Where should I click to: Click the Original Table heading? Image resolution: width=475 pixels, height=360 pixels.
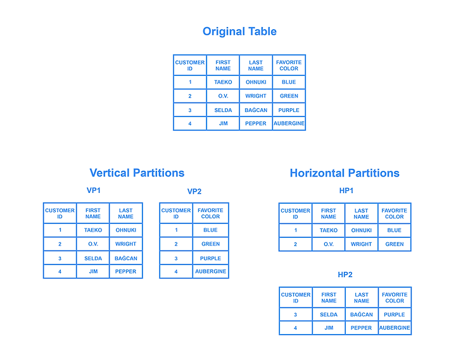click(x=239, y=32)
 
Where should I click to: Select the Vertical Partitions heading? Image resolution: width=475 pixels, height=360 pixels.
click(x=137, y=173)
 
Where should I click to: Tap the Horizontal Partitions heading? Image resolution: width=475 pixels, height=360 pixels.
click(x=345, y=173)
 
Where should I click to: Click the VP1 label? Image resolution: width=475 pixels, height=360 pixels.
click(x=93, y=190)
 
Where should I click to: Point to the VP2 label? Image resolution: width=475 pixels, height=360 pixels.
click(x=194, y=191)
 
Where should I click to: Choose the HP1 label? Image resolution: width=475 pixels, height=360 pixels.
click(x=346, y=190)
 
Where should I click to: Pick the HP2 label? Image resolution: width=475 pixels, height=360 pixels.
click(x=345, y=275)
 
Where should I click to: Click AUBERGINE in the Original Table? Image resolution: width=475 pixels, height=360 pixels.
click(x=289, y=123)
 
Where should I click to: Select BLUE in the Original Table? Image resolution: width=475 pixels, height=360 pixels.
click(x=289, y=82)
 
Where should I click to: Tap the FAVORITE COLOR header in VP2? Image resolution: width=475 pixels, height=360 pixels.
click(x=210, y=213)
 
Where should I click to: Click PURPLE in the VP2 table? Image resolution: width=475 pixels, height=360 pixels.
click(x=210, y=258)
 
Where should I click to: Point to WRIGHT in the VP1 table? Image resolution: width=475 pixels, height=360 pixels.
click(x=126, y=244)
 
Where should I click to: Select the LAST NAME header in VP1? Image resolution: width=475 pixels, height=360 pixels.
click(x=126, y=213)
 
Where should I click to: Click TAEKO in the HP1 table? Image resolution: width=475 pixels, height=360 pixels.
click(x=329, y=230)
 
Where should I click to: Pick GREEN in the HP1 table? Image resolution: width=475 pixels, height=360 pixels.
click(x=395, y=244)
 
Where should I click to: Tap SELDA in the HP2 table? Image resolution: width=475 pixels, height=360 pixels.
click(x=329, y=314)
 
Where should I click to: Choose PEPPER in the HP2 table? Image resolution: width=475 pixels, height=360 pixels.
click(x=361, y=328)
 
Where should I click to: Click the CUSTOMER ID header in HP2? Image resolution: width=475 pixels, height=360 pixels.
click(x=296, y=298)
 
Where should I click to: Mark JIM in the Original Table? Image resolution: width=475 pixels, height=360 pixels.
click(x=224, y=123)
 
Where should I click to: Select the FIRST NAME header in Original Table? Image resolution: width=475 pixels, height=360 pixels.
click(x=223, y=65)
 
